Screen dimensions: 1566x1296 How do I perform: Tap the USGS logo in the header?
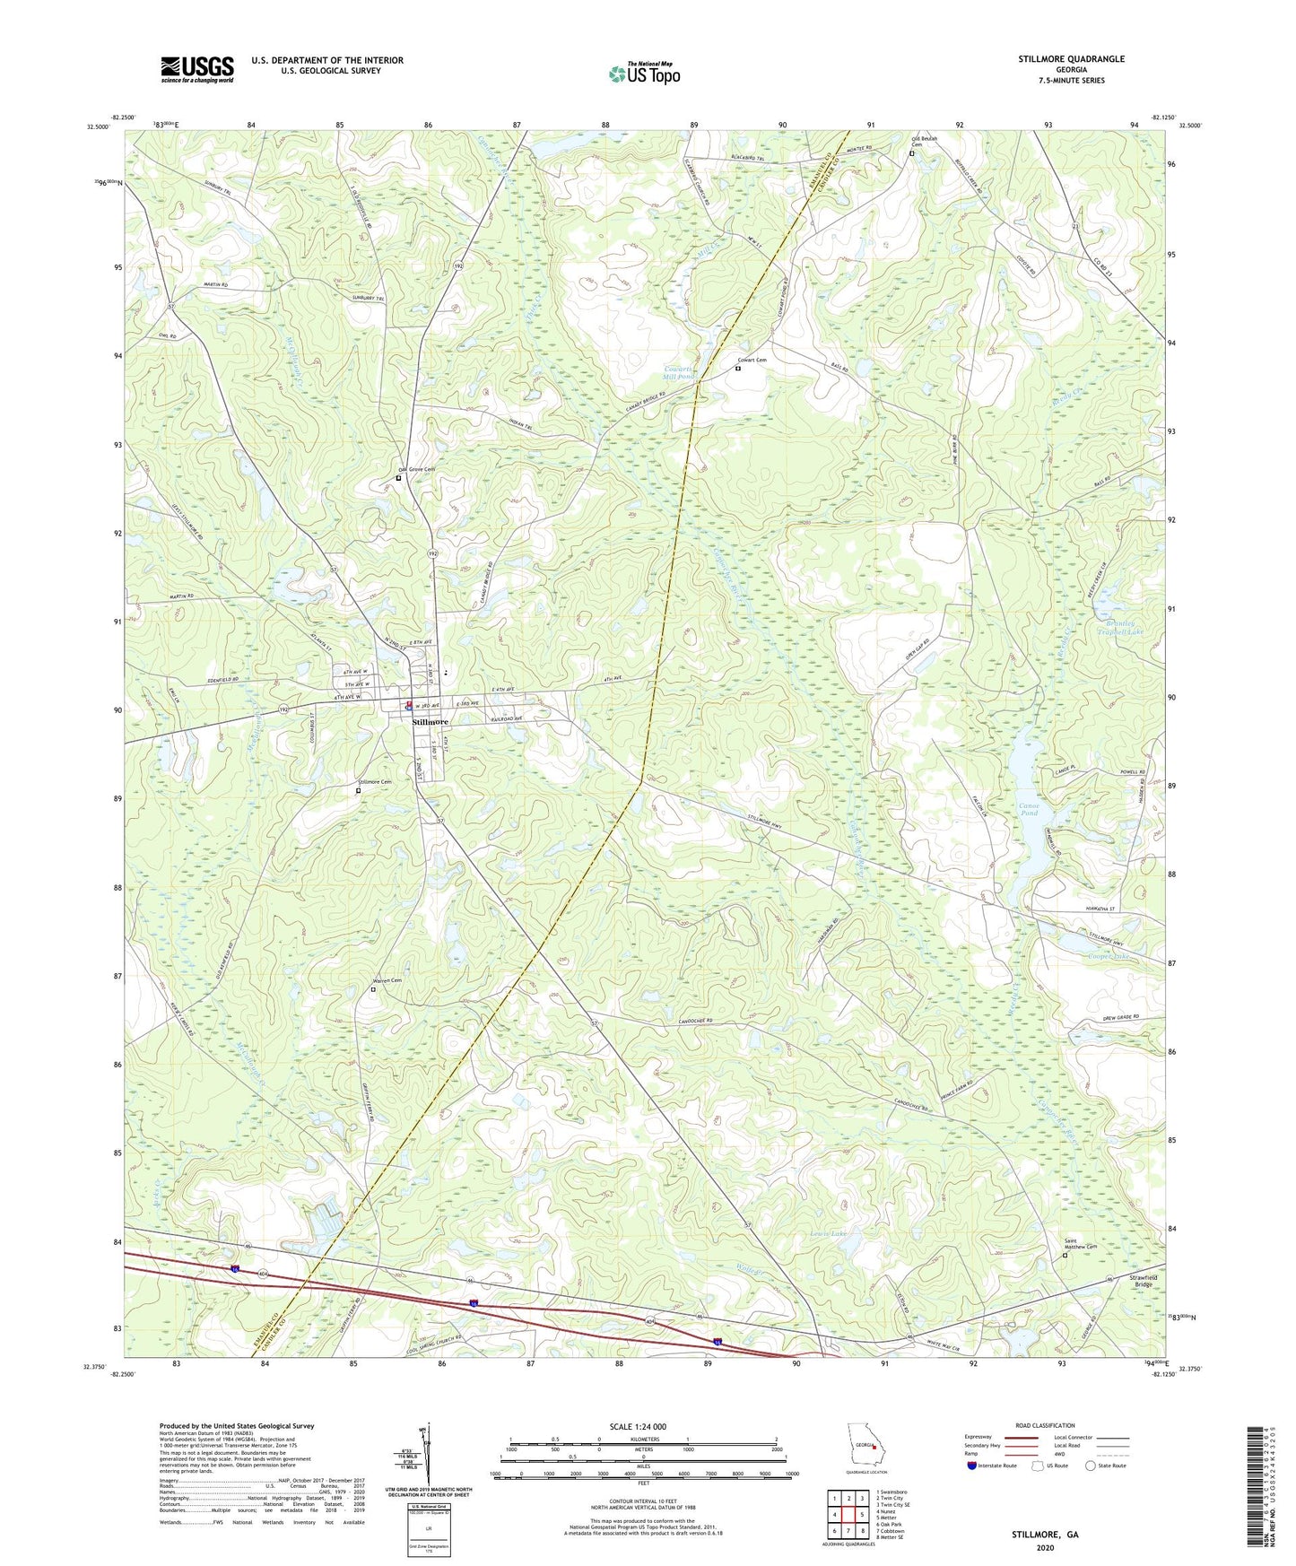click(196, 69)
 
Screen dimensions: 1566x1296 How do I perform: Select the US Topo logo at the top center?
click(644, 74)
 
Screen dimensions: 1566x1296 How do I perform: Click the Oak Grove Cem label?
click(416, 470)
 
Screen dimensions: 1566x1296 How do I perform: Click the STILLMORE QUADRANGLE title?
click(1071, 59)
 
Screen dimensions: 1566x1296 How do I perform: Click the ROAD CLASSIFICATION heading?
click(1044, 1425)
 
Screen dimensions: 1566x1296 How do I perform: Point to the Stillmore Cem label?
click(375, 782)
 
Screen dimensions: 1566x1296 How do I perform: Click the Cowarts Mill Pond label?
click(679, 372)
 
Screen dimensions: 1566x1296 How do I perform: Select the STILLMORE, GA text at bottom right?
click(1045, 1535)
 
